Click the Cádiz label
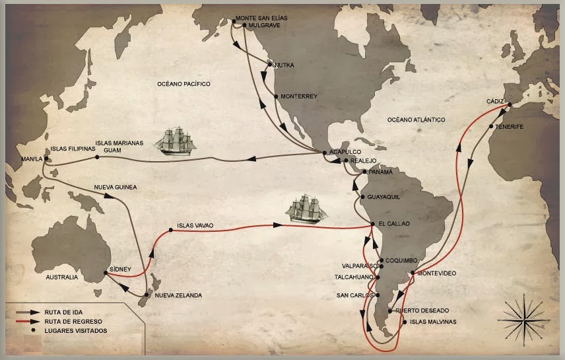point(495,100)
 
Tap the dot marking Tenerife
point(491,126)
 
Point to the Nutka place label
point(284,65)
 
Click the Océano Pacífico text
point(183,85)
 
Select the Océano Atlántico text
point(416,120)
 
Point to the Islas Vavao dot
point(171,230)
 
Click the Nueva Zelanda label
point(178,295)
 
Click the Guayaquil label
point(383,197)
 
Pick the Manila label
point(32,159)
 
